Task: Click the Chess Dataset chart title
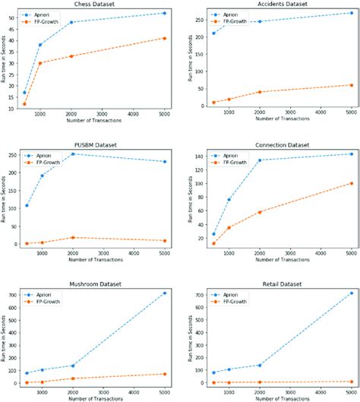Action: pyautogui.click(x=94, y=4)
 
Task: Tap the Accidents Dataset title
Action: pyautogui.click(x=273, y=4)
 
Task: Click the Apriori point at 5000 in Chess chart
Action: pyautogui.click(x=164, y=13)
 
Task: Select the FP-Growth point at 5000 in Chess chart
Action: pyautogui.click(x=164, y=38)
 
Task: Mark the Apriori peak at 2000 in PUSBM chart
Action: pyautogui.click(x=71, y=154)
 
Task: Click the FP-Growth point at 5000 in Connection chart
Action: pyautogui.click(x=351, y=183)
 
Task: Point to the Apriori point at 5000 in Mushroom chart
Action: pyautogui.click(x=164, y=293)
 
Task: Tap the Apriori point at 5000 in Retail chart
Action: pyautogui.click(x=351, y=293)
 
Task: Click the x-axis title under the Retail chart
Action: pyautogui.click(x=273, y=397)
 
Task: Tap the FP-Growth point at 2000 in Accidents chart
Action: pyautogui.click(x=259, y=92)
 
